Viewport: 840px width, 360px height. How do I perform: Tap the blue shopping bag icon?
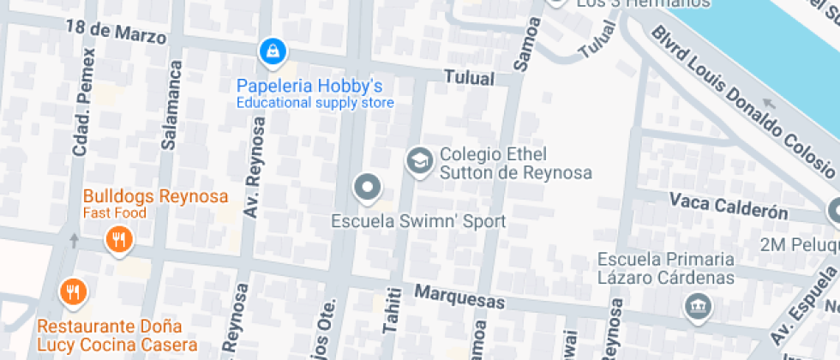(x=272, y=51)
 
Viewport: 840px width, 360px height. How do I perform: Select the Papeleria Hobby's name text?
(x=309, y=86)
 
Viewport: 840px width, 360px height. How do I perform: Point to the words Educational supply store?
(x=315, y=103)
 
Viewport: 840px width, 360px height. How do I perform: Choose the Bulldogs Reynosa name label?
(x=156, y=196)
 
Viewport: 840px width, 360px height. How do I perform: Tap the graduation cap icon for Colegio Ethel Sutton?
(x=419, y=160)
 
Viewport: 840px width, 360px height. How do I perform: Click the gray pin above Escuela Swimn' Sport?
(x=368, y=187)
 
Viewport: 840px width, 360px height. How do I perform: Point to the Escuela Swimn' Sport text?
(x=418, y=221)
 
